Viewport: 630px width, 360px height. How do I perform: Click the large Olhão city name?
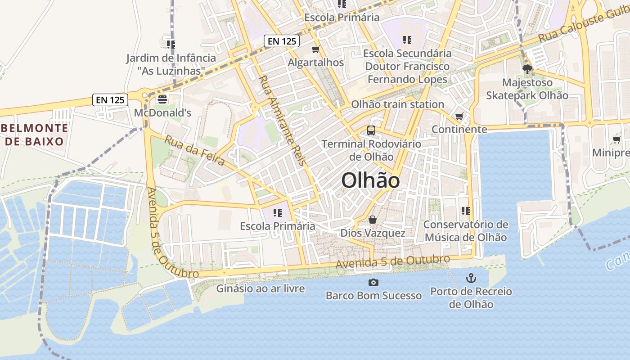point(370,180)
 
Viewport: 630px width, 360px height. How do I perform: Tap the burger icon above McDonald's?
point(162,99)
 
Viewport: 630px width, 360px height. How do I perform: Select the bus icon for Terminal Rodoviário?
point(371,130)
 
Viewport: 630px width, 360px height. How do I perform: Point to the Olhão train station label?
point(397,104)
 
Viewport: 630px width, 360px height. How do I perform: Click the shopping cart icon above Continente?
point(459,117)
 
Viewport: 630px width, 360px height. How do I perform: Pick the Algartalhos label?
point(316,63)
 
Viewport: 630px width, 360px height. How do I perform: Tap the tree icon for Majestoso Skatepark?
point(527,69)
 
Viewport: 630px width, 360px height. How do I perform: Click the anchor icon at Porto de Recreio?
point(471,278)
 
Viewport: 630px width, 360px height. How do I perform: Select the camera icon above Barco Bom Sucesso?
point(373,283)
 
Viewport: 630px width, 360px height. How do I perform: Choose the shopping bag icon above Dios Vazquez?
point(373,220)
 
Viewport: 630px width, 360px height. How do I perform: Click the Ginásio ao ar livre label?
point(261,288)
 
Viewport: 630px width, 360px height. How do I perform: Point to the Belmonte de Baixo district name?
point(34,135)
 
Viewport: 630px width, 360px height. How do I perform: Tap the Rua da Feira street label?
point(194,150)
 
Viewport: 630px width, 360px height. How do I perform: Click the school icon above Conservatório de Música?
point(465,211)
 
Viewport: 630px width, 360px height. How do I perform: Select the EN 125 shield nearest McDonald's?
point(111,99)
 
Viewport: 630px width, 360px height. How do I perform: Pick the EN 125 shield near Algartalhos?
point(282,41)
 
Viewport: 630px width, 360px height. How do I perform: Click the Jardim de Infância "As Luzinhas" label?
point(171,64)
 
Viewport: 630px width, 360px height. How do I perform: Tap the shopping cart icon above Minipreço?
point(616,140)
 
